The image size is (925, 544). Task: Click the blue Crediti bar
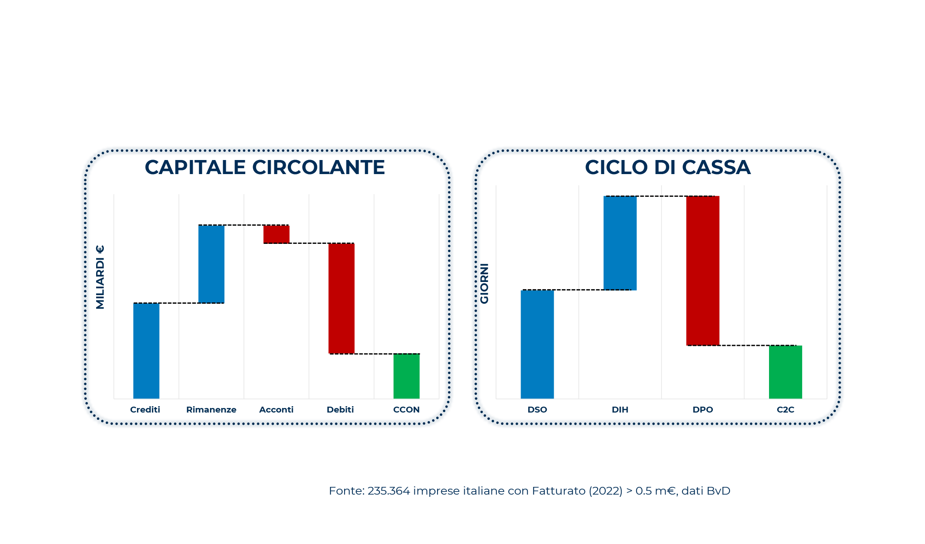click(146, 350)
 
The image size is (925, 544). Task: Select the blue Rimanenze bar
click(211, 264)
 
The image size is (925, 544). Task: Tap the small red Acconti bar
click(276, 234)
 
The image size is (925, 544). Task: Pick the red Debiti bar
click(341, 298)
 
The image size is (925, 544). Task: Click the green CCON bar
click(406, 376)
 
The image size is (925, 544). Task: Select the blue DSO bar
click(537, 344)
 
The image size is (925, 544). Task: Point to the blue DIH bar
click(620, 243)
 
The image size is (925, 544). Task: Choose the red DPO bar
click(703, 271)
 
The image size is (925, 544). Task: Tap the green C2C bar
click(785, 372)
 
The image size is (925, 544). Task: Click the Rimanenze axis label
click(211, 410)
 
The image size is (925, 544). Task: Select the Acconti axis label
click(276, 410)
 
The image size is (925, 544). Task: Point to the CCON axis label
click(406, 410)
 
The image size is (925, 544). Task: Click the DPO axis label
click(703, 410)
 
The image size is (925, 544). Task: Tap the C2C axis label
click(785, 410)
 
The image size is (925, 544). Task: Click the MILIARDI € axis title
click(100, 277)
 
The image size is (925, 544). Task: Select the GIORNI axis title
click(484, 283)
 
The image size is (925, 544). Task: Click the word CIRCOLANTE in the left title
click(318, 167)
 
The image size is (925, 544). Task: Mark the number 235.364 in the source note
click(389, 491)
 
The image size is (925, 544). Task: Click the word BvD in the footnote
click(718, 491)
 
